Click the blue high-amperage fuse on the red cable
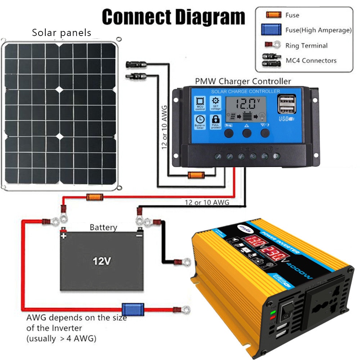pos(128,309)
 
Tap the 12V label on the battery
pos(101,261)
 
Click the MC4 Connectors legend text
pos(311,60)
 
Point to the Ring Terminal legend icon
pos(273,45)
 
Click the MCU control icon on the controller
pos(200,103)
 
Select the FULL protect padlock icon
pos(216,121)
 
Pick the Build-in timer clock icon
pos(200,122)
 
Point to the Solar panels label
pos(62,33)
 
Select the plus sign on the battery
pos(64,236)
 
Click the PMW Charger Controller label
pos(243,81)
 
